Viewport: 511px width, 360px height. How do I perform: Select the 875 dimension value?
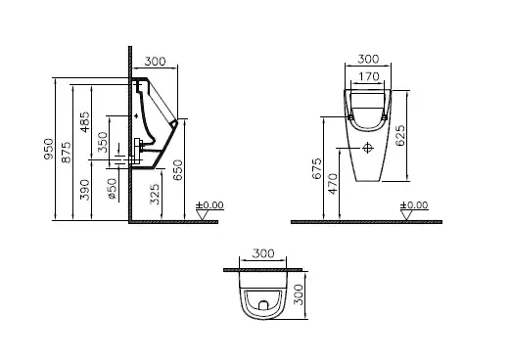(66, 154)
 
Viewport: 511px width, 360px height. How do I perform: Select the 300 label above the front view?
(369, 58)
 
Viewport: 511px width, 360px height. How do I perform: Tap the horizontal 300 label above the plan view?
(262, 252)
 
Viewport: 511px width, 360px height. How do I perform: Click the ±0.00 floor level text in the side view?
(209, 205)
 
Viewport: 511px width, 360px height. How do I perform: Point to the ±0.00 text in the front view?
(413, 205)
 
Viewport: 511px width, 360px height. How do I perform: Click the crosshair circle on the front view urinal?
(368, 149)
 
